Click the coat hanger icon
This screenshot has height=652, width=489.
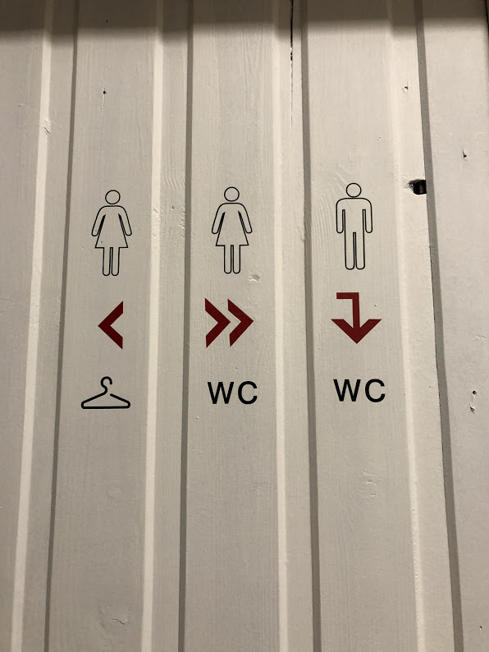tap(106, 404)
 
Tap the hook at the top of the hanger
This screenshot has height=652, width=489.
tap(107, 383)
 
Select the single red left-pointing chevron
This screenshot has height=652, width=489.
tap(112, 324)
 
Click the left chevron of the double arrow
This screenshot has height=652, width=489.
tap(217, 323)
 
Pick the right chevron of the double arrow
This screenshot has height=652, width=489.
tap(240, 323)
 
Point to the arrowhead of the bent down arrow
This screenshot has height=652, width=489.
tap(356, 331)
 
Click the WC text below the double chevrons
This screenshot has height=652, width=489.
tap(233, 393)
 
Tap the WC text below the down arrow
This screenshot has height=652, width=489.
tap(359, 391)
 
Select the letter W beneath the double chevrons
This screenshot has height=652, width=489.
tap(220, 393)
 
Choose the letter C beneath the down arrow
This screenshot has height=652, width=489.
tap(375, 391)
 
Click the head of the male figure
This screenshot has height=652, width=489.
tap(354, 190)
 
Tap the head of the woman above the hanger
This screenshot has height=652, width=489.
tap(112, 197)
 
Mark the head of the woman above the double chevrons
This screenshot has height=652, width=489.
tap(232, 194)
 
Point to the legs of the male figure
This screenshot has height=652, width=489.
tap(354, 250)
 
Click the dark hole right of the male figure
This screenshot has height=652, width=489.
tap(418, 186)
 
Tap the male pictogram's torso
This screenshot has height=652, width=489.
tap(354, 215)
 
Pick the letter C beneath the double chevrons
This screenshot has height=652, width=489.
tap(248, 393)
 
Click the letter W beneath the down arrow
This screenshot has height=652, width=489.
tap(348, 391)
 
